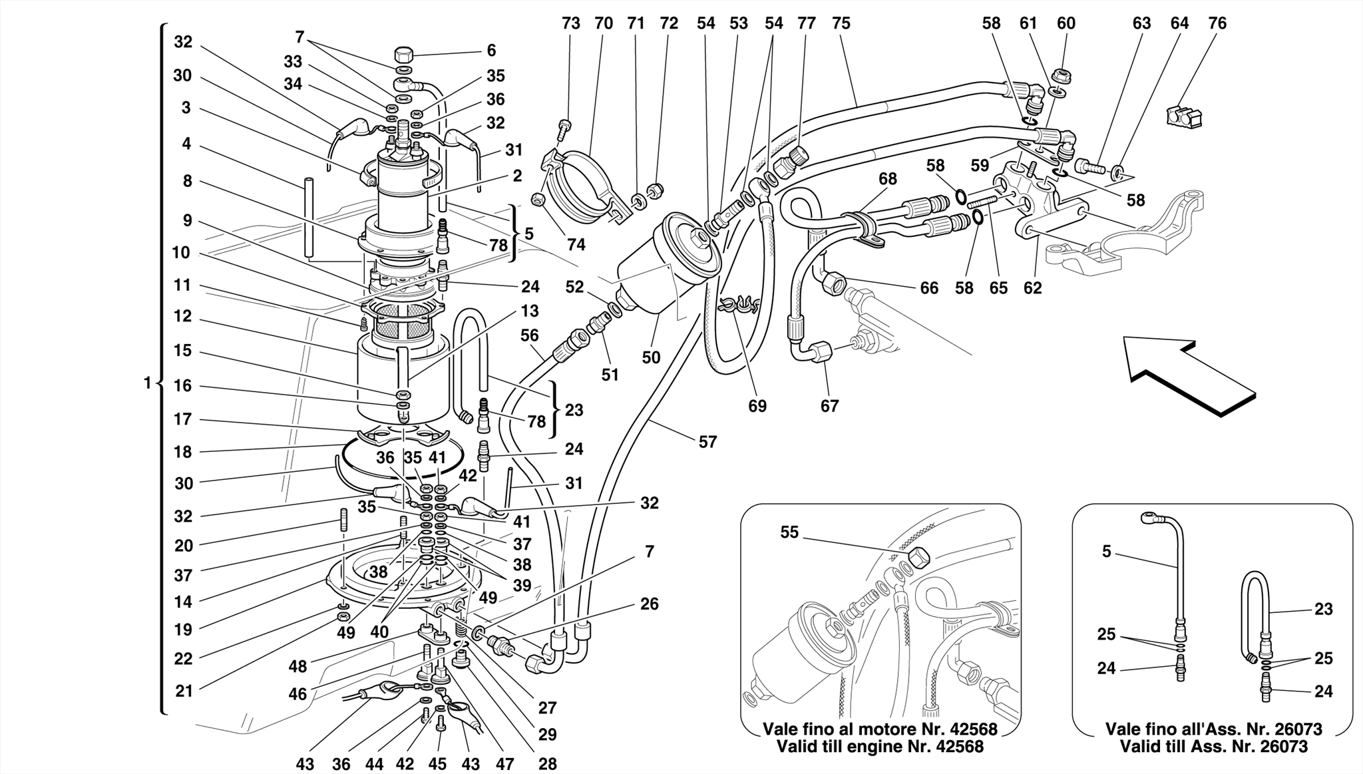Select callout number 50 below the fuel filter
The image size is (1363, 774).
651,357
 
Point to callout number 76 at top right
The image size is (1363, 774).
1217,23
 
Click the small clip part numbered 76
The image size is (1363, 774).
1183,116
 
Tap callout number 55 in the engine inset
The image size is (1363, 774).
789,532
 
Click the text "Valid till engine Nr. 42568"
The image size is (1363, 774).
880,747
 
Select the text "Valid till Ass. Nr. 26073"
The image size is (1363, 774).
1213,747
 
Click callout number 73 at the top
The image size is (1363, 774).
570,23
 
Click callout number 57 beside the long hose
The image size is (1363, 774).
707,442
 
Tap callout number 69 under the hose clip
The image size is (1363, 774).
757,406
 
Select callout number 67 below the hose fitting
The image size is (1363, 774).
829,406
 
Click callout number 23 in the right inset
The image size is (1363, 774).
1323,609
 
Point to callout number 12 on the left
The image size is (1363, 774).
182,316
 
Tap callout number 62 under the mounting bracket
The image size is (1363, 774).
1032,288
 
